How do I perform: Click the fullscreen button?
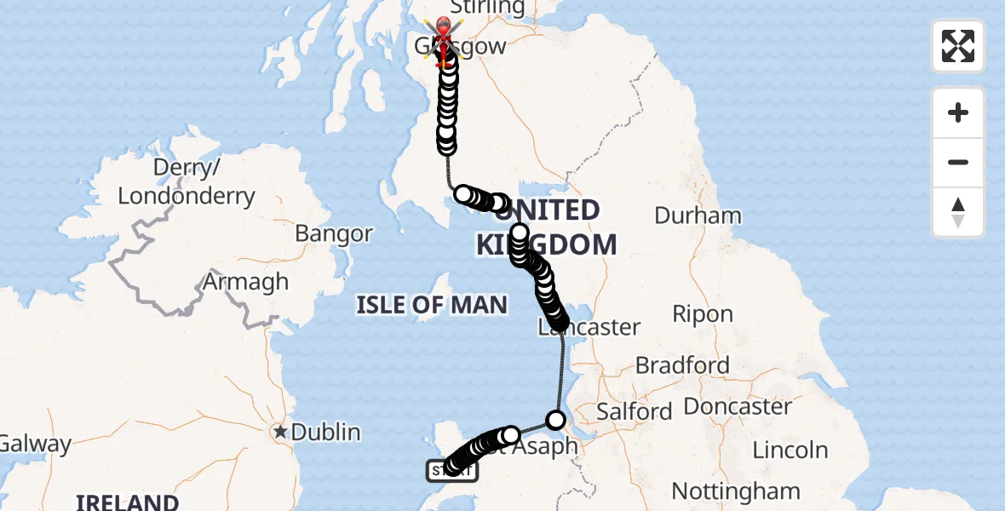(958, 46)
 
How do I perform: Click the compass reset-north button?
(958, 212)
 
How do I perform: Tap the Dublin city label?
(325, 432)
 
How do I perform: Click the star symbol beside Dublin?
(280, 432)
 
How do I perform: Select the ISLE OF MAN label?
(432, 304)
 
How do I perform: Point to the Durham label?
(698, 215)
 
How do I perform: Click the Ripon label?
(703, 313)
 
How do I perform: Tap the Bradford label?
(682, 365)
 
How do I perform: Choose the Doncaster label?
(738, 406)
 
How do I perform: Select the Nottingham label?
(736, 491)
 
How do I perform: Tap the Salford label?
(635, 411)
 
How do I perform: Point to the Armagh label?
(247, 282)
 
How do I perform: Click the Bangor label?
(334, 233)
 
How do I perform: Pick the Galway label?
(34, 444)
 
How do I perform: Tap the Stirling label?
(486, 8)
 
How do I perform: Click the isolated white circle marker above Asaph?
(556, 420)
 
